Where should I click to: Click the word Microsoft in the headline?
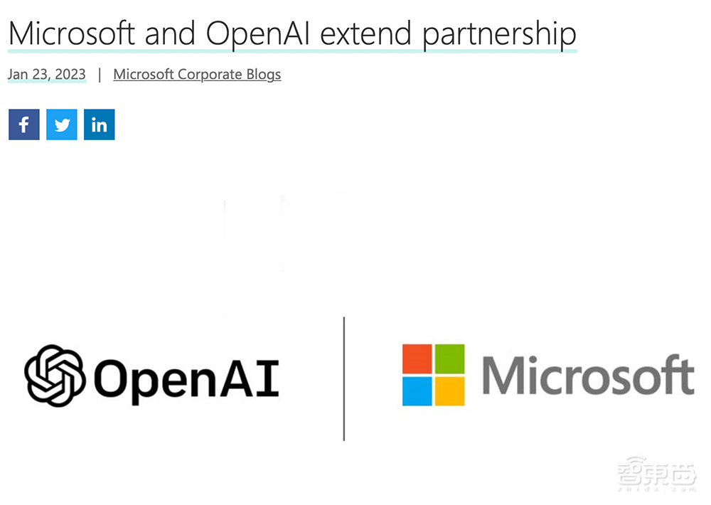pyautogui.click(x=71, y=33)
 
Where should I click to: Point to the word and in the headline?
pyautogui.click(x=168, y=33)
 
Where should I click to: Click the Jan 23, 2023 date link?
pyautogui.click(x=47, y=74)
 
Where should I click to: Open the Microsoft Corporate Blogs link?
pyautogui.click(x=197, y=74)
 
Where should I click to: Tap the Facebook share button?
pyautogui.click(x=24, y=125)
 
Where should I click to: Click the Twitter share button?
pyautogui.click(x=62, y=125)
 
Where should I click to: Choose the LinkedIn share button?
pyautogui.click(x=100, y=125)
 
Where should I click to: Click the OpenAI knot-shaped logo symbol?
pyautogui.click(x=55, y=375)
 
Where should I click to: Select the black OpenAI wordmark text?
pyautogui.click(x=186, y=378)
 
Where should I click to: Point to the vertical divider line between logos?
pyautogui.click(x=344, y=378)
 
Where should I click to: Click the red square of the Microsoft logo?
pyautogui.click(x=417, y=358)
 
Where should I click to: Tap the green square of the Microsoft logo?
pyautogui.click(x=449, y=358)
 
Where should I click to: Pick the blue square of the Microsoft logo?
pyautogui.click(x=417, y=391)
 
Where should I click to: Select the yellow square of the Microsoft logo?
pyautogui.click(x=449, y=391)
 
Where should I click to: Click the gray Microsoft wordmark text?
pyautogui.click(x=587, y=376)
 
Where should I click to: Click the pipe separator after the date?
pyautogui.click(x=100, y=74)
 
